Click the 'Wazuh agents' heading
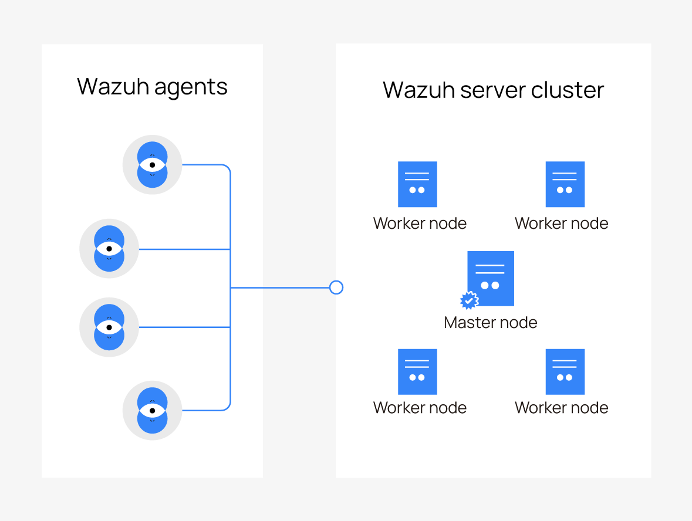coord(152,87)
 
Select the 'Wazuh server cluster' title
coord(493,90)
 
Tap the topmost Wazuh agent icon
coord(152,165)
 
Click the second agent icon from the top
coord(109,249)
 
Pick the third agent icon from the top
coord(109,327)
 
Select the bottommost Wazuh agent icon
coord(152,410)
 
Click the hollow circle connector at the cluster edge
coord(336,287)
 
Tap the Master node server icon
coord(491,278)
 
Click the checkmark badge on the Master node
coord(469,300)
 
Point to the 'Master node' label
coord(491,322)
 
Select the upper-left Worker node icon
coord(417,184)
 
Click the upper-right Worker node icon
coord(565,184)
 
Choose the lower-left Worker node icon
coord(417,372)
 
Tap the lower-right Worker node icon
coord(565,372)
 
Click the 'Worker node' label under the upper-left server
coord(420,224)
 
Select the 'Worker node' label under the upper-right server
coord(562,224)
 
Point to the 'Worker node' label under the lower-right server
coord(562,408)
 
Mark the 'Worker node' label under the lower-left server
coord(420,408)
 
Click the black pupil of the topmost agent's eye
coord(152,165)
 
